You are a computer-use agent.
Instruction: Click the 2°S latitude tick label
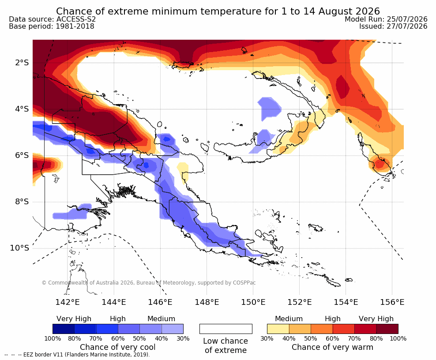coord(22,63)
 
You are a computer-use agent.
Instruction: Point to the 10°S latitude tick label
coord(19,247)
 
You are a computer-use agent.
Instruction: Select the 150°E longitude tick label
coord(253,302)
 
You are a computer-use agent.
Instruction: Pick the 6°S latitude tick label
coord(22,155)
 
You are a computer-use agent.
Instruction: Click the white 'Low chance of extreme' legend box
coord(226,329)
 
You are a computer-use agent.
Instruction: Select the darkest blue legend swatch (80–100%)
coord(64,329)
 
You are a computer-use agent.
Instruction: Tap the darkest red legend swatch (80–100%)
coord(387,329)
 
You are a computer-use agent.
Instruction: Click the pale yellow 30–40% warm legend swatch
coord(278,329)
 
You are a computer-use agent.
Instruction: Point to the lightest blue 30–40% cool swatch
coord(173,329)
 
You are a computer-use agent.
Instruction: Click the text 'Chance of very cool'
coord(118,347)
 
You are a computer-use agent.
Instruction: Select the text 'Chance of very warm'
coord(332,347)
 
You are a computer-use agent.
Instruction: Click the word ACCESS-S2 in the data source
coord(76,19)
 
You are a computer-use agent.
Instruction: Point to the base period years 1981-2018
coord(75,26)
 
